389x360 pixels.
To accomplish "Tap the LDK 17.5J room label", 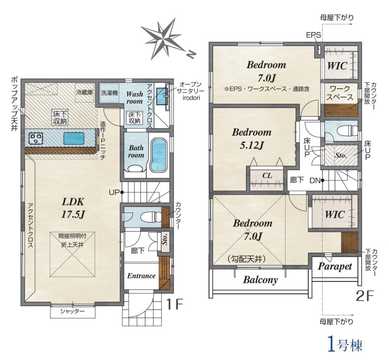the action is tap(73, 208).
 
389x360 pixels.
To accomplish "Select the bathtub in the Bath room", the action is tap(159, 155).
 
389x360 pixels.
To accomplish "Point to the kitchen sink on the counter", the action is tap(74, 139).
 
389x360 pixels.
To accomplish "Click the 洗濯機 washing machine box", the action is tap(109, 93).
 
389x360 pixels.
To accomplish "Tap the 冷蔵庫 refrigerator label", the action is tap(84, 93).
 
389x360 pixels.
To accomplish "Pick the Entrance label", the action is tap(141, 276).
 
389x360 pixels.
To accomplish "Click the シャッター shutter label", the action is tap(73, 311).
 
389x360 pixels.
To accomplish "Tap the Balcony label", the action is tap(260, 280).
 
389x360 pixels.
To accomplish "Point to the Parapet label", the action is tap(335, 267).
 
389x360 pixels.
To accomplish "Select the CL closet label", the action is tap(267, 175).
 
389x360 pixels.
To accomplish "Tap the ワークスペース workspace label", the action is tap(340, 93).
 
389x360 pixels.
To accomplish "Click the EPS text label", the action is tap(313, 35).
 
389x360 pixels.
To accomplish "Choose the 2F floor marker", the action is tap(365, 295).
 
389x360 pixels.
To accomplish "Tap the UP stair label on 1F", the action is tap(114, 192).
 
